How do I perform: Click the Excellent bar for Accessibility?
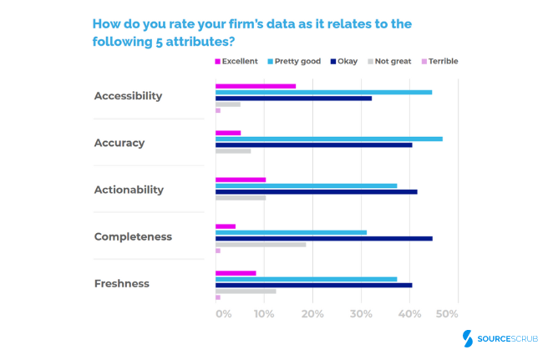(x=256, y=86)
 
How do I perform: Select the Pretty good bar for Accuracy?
(x=329, y=139)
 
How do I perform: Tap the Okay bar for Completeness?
(x=324, y=238)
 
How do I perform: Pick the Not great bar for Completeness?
(x=261, y=245)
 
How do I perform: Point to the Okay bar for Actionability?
(x=317, y=191)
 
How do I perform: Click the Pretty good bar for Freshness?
(x=307, y=279)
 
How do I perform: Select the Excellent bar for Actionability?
(x=241, y=180)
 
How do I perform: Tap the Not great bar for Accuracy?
(x=233, y=151)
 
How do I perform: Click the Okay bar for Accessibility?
(x=294, y=98)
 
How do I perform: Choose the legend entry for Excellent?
(x=236, y=61)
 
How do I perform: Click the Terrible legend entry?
(x=439, y=61)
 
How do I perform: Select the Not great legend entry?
(x=390, y=61)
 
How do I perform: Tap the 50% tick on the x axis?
(x=447, y=314)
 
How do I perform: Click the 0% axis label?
(x=223, y=314)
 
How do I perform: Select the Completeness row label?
(x=133, y=236)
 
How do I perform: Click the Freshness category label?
(x=121, y=283)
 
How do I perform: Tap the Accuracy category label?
(x=119, y=143)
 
